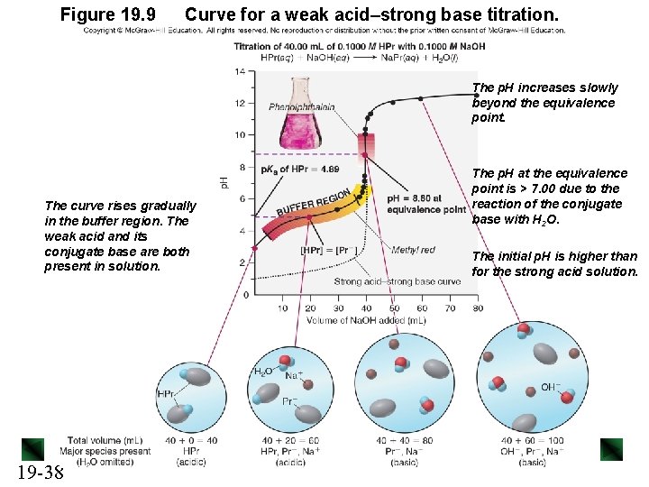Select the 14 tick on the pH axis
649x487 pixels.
(239, 71)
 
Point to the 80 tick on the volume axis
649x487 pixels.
(477, 308)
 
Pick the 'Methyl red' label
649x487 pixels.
(413, 250)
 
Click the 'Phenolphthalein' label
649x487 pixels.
(302, 107)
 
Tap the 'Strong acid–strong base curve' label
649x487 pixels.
(398, 281)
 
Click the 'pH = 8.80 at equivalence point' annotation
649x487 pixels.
(426, 204)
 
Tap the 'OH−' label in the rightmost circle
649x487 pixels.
(550, 388)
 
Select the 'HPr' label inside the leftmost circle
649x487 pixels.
(167, 394)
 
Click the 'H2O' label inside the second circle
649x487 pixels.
(262, 371)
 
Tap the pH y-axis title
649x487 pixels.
(224, 181)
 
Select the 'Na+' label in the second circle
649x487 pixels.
(294, 375)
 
